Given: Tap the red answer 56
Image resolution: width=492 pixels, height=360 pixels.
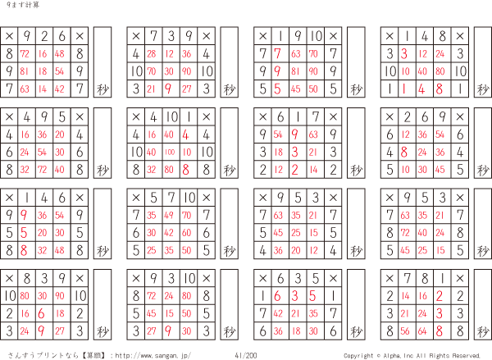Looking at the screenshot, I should (405, 331).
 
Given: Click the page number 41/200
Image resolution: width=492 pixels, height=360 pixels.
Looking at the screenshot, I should (245, 355).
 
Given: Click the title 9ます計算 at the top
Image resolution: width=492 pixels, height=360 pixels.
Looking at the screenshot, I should (17, 6).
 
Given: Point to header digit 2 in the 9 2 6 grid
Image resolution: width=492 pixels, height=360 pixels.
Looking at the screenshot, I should (43, 36).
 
